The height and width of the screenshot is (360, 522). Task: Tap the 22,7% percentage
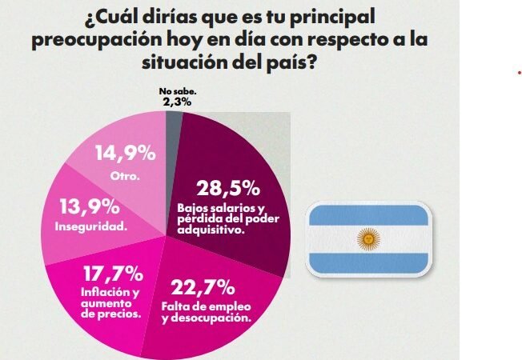click(x=203, y=287)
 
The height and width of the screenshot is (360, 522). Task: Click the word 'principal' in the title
click(x=334, y=17)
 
